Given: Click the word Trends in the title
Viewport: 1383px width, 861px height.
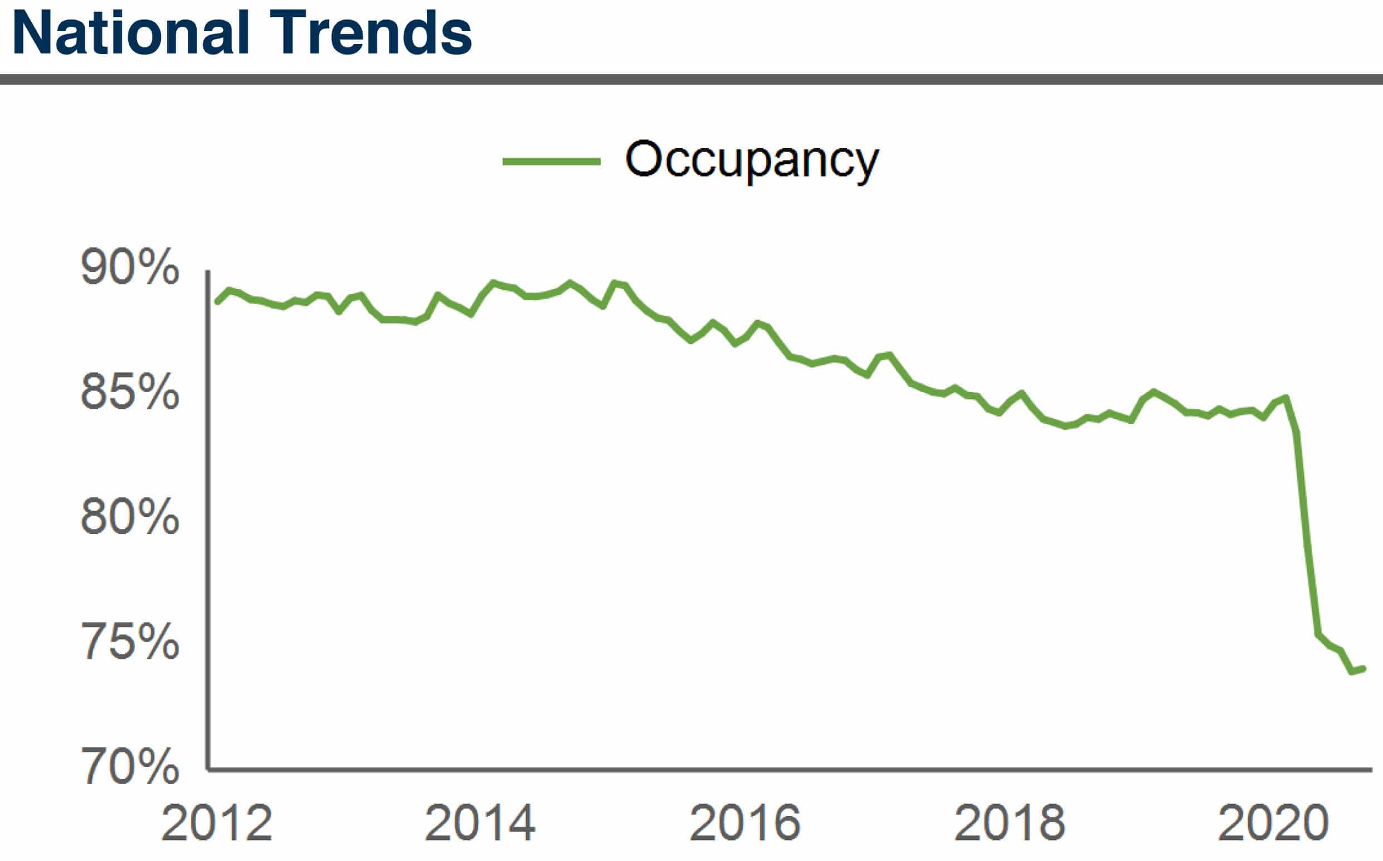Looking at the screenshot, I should pos(370,33).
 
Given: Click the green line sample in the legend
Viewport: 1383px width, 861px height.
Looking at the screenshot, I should pos(551,162).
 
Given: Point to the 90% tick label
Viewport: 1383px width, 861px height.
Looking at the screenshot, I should pos(130,267).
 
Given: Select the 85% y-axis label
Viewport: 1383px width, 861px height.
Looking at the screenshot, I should pos(130,392).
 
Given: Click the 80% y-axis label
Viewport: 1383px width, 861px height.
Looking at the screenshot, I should pos(130,517).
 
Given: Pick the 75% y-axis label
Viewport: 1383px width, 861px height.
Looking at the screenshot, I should pos(130,642).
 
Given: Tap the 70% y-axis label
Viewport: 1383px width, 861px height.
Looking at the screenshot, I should pos(130,766).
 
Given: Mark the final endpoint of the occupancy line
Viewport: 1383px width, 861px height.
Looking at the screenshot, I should pos(1363,668).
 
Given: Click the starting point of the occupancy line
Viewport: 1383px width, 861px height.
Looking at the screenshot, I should pos(217,302).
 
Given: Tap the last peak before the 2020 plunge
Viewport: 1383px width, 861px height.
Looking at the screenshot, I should pos(1286,398).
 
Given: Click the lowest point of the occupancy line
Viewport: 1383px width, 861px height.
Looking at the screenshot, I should pos(1352,672).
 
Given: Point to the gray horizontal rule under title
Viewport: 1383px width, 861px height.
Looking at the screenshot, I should pos(691,79).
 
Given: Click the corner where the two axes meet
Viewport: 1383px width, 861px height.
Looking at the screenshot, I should pos(208,770).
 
